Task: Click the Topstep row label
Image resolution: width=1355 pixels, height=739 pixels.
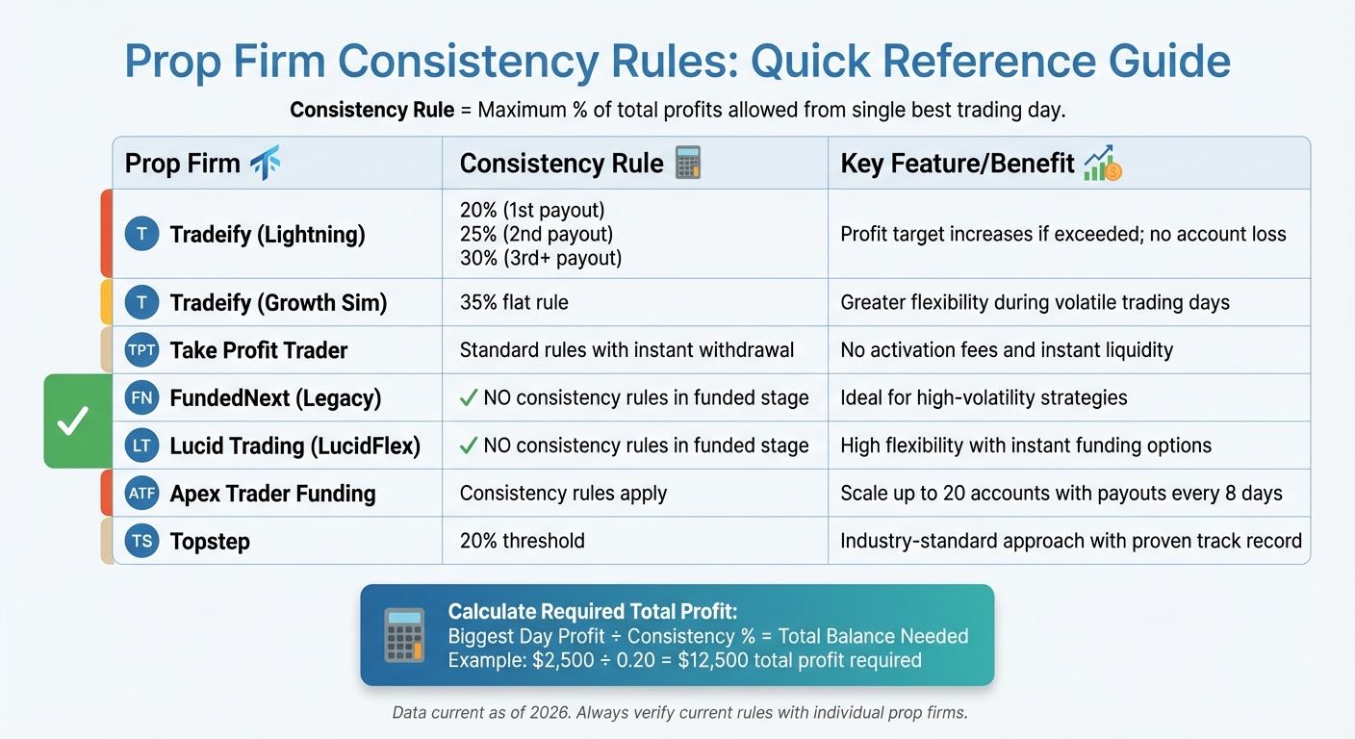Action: click(210, 541)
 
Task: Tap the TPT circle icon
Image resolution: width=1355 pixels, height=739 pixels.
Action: click(141, 350)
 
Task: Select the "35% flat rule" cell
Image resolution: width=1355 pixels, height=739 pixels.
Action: click(514, 303)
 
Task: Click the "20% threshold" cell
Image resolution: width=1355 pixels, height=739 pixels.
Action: click(522, 541)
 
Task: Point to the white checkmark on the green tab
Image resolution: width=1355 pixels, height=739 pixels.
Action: click(73, 421)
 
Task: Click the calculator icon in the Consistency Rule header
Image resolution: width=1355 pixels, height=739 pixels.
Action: click(688, 163)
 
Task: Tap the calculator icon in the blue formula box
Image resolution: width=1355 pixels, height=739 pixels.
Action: click(404, 634)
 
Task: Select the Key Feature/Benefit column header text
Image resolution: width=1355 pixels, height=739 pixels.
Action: click(957, 164)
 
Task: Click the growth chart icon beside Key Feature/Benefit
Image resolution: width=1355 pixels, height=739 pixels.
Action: click(1103, 164)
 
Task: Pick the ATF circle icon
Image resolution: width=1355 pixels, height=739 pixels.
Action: click(141, 494)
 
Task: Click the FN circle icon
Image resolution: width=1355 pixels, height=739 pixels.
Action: click(141, 397)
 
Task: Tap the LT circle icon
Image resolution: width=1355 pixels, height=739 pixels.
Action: click(141, 446)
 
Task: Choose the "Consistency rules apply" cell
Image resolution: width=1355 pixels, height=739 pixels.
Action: click(563, 494)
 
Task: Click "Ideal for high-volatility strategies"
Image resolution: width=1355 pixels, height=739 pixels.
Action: click(984, 397)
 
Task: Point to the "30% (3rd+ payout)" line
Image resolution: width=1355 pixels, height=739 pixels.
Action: click(541, 258)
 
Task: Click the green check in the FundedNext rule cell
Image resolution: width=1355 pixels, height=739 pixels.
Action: click(469, 397)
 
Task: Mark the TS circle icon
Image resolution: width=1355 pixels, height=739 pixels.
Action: click(141, 541)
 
